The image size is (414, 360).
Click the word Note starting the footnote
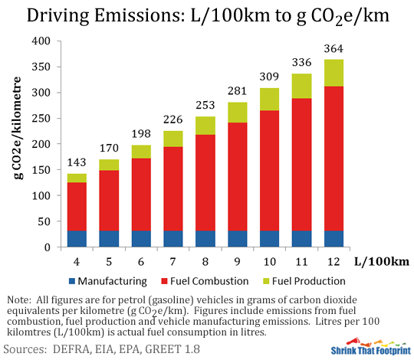tap(18, 299)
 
